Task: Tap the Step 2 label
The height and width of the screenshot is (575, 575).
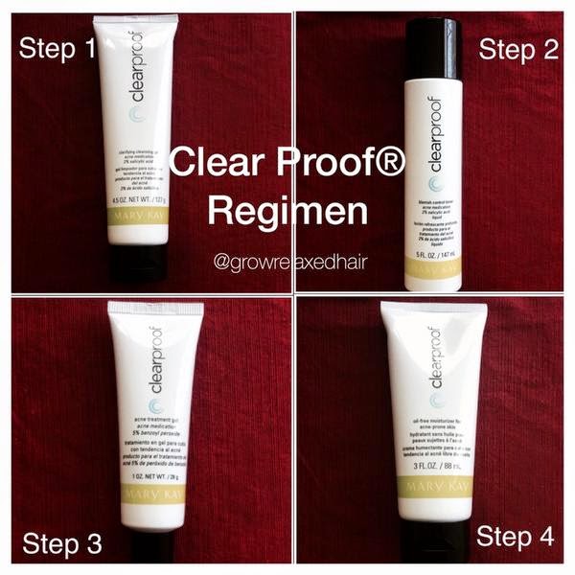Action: (x=517, y=49)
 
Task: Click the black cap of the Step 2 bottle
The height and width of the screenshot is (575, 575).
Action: (x=433, y=48)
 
